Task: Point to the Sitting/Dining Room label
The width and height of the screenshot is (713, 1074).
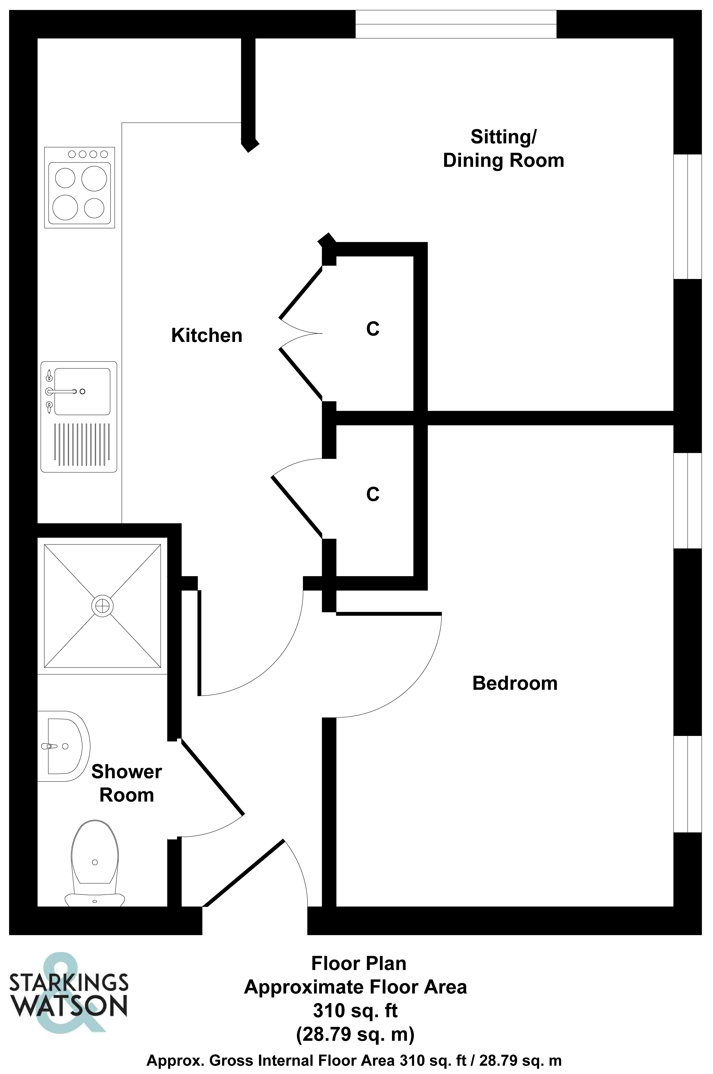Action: pos(503,149)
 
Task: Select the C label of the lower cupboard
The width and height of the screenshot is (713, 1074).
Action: pos(373,495)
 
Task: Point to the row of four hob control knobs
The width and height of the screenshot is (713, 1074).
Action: pos(88,154)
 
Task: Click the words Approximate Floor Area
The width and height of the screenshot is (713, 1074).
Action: pos(355,987)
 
